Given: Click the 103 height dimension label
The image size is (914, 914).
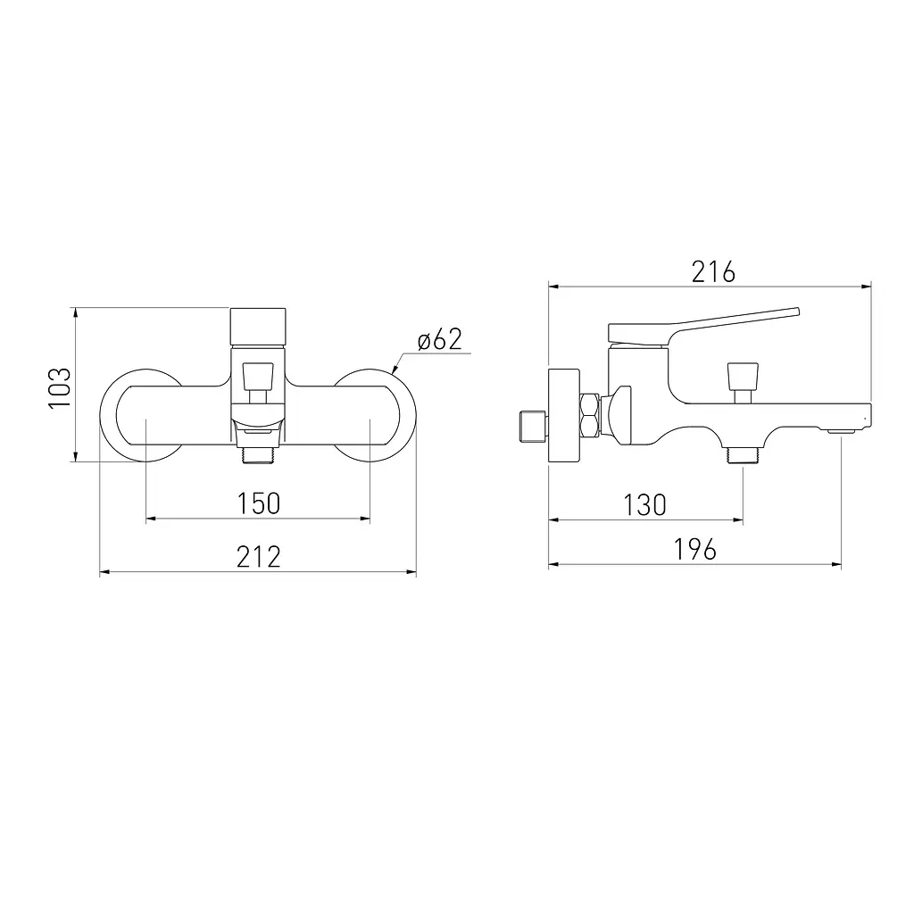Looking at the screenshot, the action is click(x=60, y=387).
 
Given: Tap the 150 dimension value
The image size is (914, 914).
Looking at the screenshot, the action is click(x=259, y=503).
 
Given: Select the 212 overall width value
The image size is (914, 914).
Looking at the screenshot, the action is click(x=259, y=557).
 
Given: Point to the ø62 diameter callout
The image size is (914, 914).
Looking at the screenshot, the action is click(x=440, y=340).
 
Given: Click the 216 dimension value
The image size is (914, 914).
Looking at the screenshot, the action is click(x=713, y=272).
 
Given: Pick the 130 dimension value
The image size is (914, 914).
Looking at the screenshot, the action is click(x=644, y=505).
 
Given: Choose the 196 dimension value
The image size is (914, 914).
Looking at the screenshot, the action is click(x=694, y=550).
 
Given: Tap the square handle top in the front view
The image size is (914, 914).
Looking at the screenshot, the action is click(x=258, y=328).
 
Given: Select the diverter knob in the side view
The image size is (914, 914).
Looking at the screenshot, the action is click(x=744, y=382).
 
